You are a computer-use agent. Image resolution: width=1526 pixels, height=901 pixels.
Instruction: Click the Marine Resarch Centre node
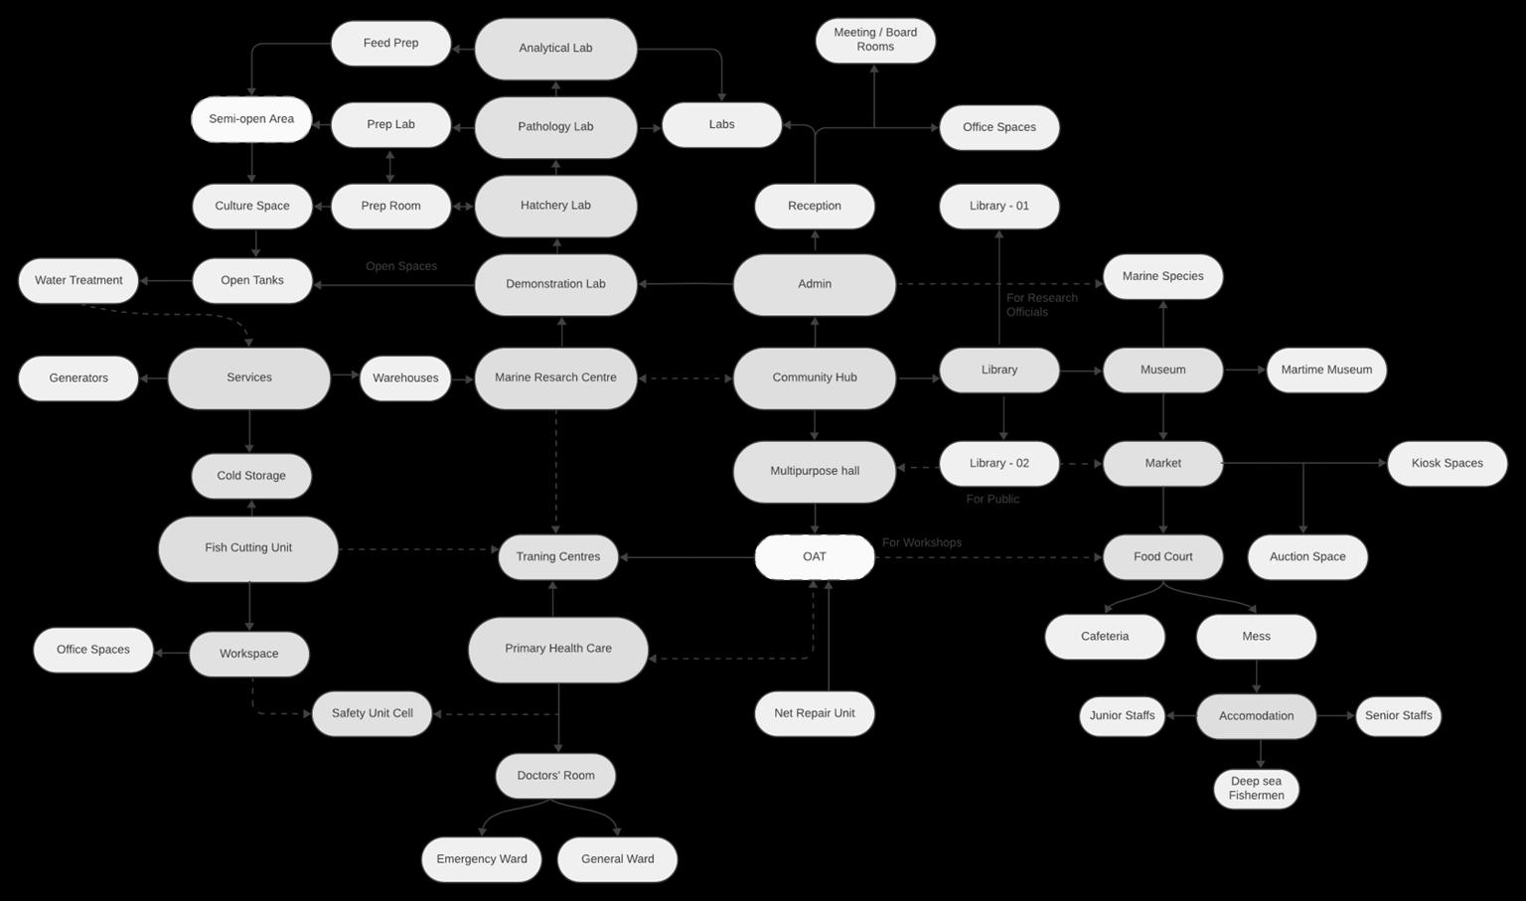[555, 377]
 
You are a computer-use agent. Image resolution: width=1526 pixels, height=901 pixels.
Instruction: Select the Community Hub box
[814, 377]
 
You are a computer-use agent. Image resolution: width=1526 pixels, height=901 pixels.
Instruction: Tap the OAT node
[814, 556]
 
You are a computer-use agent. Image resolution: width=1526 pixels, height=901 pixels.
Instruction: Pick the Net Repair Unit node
[814, 713]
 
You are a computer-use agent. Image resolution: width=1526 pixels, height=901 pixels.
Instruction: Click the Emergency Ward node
[482, 859]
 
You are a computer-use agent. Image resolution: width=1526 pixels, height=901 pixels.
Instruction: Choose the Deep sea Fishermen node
[1256, 789]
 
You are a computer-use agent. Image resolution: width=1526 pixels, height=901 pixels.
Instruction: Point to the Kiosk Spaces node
[1447, 463]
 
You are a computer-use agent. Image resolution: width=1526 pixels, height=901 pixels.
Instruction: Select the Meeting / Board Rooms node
[875, 40]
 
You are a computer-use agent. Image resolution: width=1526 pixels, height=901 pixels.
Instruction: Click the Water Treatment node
[78, 280]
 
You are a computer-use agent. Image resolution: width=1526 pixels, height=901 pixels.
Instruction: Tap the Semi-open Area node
[251, 119]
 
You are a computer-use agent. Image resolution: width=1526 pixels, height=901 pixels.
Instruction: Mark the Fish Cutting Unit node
[248, 548]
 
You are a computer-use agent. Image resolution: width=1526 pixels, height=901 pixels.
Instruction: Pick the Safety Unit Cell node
[372, 713]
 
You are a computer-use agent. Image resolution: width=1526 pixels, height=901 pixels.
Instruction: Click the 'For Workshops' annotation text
[922, 542]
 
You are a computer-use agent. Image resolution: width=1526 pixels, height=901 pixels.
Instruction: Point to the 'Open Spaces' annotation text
[401, 266]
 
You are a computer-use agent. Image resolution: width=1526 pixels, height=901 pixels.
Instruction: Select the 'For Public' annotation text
[992, 499]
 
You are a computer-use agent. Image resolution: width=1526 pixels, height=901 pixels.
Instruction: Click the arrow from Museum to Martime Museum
[1245, 370]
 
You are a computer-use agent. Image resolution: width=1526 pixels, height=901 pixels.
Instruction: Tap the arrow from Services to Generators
[154, 377]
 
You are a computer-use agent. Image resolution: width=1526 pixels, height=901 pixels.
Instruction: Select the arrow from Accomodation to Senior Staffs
[1336, 715]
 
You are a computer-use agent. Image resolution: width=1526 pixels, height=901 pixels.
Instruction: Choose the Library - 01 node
[998, 207]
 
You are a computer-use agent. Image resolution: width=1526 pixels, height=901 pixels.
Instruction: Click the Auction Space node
[1307, 556]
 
